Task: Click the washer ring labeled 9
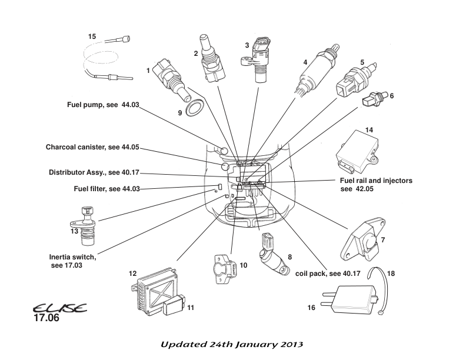pos(193,108)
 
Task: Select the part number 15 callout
pos(92,36)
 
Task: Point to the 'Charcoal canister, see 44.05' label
pos(93,146)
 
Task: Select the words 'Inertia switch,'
pos(72,257)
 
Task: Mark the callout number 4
pos(305,62)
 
